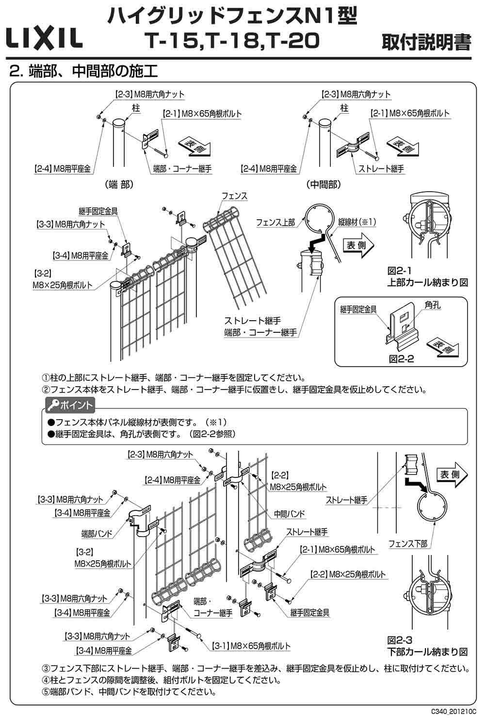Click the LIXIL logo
[44, 38]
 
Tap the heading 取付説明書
[426, 42]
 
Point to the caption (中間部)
[323, 185]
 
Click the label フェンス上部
[275, 222]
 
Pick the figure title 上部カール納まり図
[427, 282]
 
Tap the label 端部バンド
[97, 534]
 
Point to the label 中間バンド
[290, 513]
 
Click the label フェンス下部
[408, 544]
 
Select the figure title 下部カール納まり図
[427, 651]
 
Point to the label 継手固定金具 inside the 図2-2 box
[362, 309]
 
